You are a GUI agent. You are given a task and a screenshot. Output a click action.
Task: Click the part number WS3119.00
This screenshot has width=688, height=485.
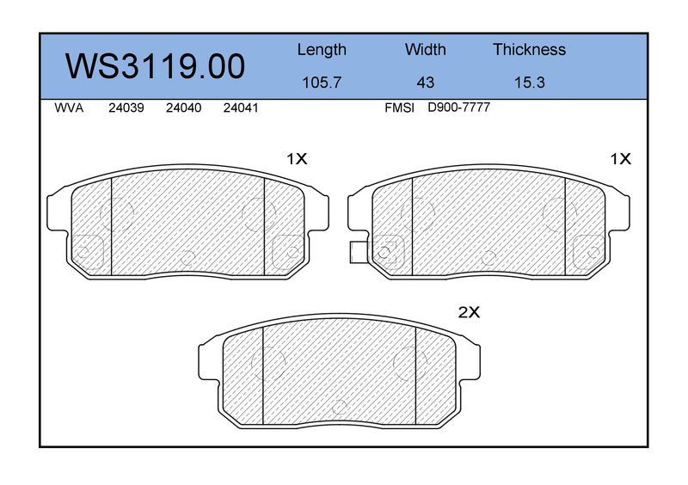(155, 66)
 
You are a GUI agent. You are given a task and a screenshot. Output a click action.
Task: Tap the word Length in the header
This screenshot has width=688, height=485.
(322, 50)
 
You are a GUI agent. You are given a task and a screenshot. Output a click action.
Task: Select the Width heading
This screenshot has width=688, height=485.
(425, 49)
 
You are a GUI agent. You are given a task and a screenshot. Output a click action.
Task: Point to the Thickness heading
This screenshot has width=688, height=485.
(529, 49)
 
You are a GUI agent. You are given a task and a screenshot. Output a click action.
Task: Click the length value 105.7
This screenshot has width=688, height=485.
(322, 82)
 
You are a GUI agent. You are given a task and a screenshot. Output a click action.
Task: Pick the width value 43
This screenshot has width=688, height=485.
(425, 82)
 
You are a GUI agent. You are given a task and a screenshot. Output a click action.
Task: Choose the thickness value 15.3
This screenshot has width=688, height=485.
(529, 82)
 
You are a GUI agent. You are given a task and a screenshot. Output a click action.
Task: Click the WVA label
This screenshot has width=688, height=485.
(69, 108)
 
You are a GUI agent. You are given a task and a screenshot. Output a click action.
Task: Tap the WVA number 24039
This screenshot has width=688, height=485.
(126, 108)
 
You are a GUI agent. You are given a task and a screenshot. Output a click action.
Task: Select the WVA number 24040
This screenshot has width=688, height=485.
(183, 108)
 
